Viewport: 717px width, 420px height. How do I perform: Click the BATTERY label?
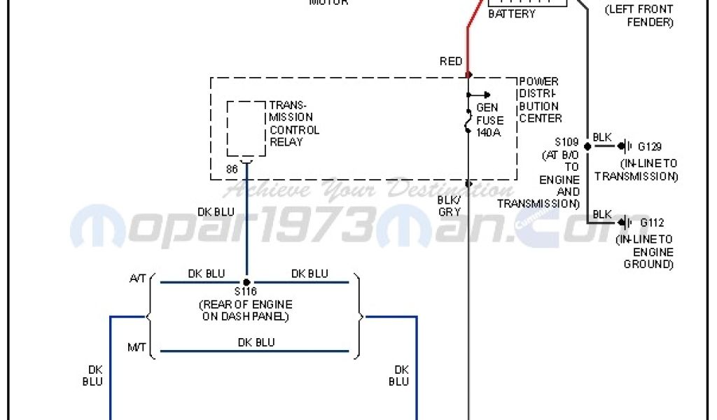pos(511,14)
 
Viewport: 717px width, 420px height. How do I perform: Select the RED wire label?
pos(451,62)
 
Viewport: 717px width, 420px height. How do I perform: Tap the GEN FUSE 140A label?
pos(489,120)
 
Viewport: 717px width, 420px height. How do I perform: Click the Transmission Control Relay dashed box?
pos(246,129)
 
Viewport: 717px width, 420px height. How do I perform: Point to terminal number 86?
pos(232,169)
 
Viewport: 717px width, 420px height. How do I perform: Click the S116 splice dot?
pos(246,282)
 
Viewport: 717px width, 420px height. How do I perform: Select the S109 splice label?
pos(568,141)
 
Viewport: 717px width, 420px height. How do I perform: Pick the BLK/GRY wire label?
pos(449,205)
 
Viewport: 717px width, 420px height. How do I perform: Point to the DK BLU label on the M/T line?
pos(256,342)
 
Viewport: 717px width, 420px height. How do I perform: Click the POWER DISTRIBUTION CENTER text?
pos(540,100)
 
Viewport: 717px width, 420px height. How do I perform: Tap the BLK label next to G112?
pos(602,214)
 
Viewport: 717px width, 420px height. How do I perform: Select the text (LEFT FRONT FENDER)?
pos(640,16)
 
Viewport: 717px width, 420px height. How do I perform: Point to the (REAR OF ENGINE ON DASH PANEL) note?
pos(246,310)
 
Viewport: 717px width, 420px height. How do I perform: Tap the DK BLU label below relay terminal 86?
pos(216,212)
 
